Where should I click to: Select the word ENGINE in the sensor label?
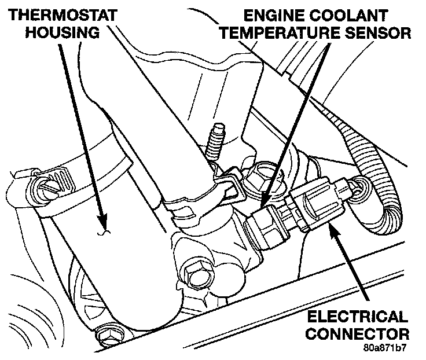(x=266, y=14)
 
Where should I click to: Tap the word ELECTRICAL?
(x=357, y=317)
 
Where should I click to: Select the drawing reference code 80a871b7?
(x=386, y=350)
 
